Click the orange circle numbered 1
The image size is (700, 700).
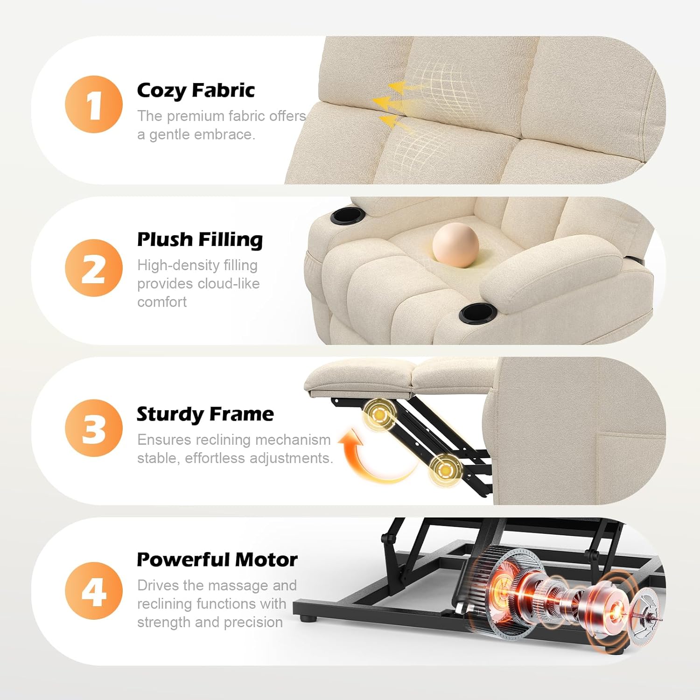coord(94,104)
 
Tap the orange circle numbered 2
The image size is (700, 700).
coord(94,268)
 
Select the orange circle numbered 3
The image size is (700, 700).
coord(94,428)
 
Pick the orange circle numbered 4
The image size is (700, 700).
coord(94,591)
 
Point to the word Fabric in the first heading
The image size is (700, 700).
coord(224,90)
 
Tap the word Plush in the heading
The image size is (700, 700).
coord(165,239)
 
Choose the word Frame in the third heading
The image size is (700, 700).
coord(242,414)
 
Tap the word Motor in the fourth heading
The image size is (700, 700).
coord(266,560)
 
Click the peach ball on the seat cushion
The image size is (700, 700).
coord(455,245)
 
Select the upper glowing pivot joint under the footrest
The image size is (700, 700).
coord(379,414)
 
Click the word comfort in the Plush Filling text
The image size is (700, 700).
coord(162,302)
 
